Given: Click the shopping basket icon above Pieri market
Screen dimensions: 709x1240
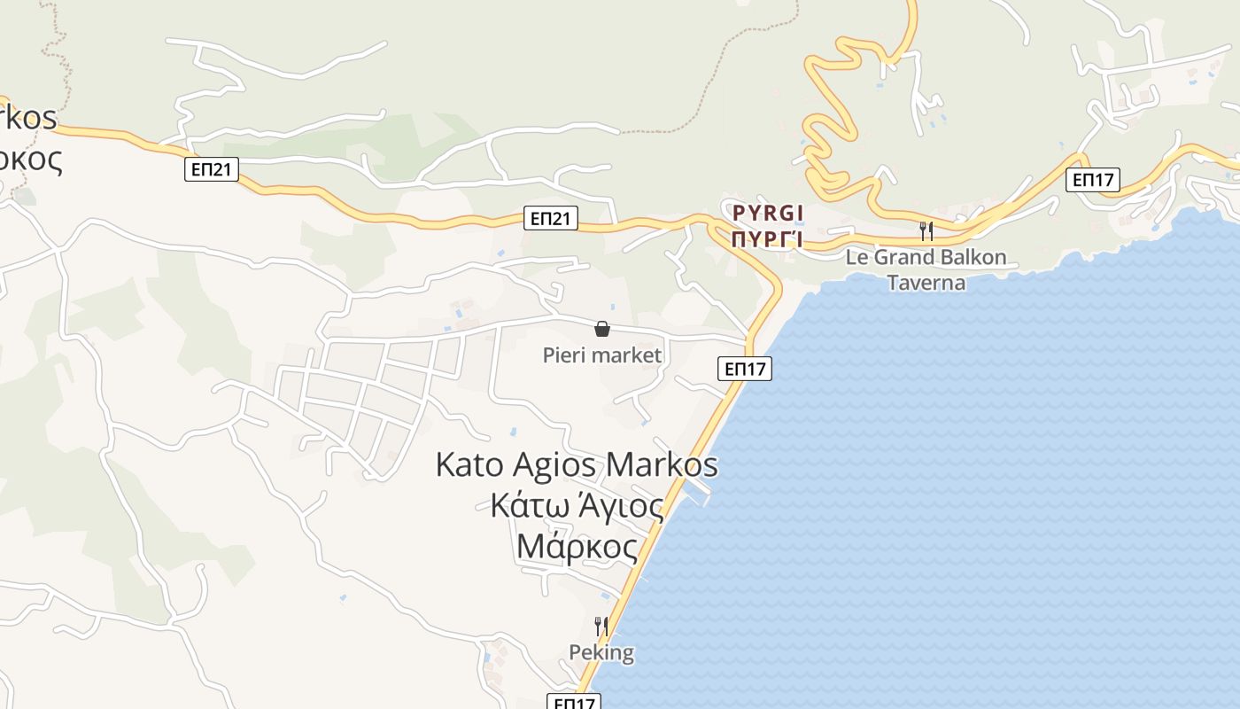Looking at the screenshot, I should (x=602, y=329).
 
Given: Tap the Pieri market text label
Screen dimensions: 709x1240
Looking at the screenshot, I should (x=602, y=355).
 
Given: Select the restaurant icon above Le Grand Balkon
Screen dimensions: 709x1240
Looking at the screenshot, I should (x=926, y=231).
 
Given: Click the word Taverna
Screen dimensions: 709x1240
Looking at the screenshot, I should (x=926, y=282).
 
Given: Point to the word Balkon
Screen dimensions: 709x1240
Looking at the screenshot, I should (x=973, y=257).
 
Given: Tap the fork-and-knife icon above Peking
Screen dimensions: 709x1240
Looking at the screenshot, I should (x=601, y=627).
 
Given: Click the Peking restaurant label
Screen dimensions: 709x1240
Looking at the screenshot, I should (x=601, y=653).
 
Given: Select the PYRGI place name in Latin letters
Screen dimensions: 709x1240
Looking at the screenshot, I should (x=768, y=213).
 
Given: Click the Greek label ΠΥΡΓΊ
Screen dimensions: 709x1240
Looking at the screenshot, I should (x=768, y=238).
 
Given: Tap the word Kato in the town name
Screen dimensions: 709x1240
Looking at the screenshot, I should (x=469, y=464).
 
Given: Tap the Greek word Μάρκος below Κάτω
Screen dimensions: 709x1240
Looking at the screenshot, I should (x=577, y=547).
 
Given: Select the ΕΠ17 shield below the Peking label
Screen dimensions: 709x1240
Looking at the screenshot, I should (x=574, y=703).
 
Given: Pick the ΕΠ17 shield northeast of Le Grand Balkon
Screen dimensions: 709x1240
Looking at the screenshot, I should (x=1093, y=180).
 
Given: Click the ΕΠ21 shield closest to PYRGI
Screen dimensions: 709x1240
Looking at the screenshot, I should (x=551, y=218).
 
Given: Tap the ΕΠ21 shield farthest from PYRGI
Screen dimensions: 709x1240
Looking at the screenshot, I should (x=212, y=169).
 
